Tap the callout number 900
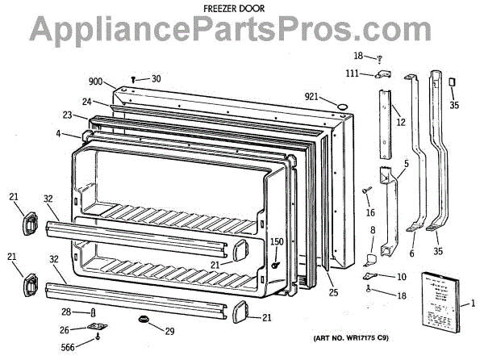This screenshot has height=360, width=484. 96,82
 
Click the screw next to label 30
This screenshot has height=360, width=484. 135,78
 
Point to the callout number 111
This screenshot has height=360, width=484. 352,73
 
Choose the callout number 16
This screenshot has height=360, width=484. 370,212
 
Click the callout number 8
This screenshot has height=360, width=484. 373,232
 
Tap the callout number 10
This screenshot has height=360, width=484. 401,277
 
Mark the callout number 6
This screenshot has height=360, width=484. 412,253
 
